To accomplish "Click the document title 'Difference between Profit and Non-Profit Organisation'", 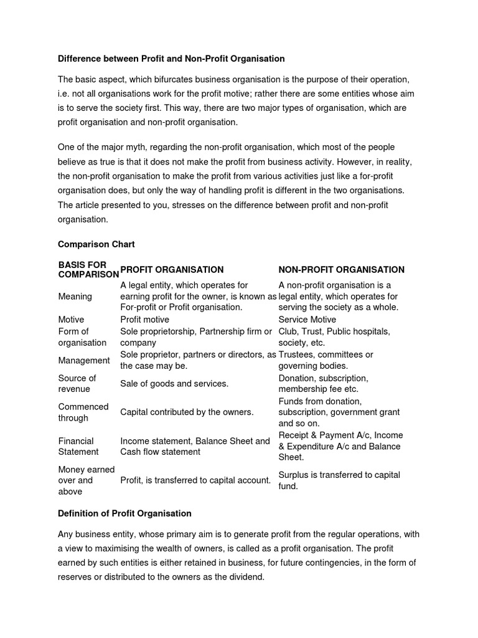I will point(171,59).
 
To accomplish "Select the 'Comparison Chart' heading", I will point(96,244).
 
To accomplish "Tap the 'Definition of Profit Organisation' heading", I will point(124,513).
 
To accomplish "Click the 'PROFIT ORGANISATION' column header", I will point(172,270).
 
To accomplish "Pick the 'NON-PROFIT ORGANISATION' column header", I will point(341,270).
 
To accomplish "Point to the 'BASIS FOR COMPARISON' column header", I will point(88,270).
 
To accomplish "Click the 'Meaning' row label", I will point(75,297).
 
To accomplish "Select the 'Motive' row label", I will point(71,320).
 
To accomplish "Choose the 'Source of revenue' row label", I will point(77,384).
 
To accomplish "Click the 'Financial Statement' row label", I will point(78,446).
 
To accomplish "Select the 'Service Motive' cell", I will point(308,320).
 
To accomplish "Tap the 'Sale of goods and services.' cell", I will point(174,384).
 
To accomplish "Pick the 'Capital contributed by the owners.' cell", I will point(187,412).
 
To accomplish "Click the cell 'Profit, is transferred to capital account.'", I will point(195,480).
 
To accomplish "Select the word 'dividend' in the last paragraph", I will point(246,577).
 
